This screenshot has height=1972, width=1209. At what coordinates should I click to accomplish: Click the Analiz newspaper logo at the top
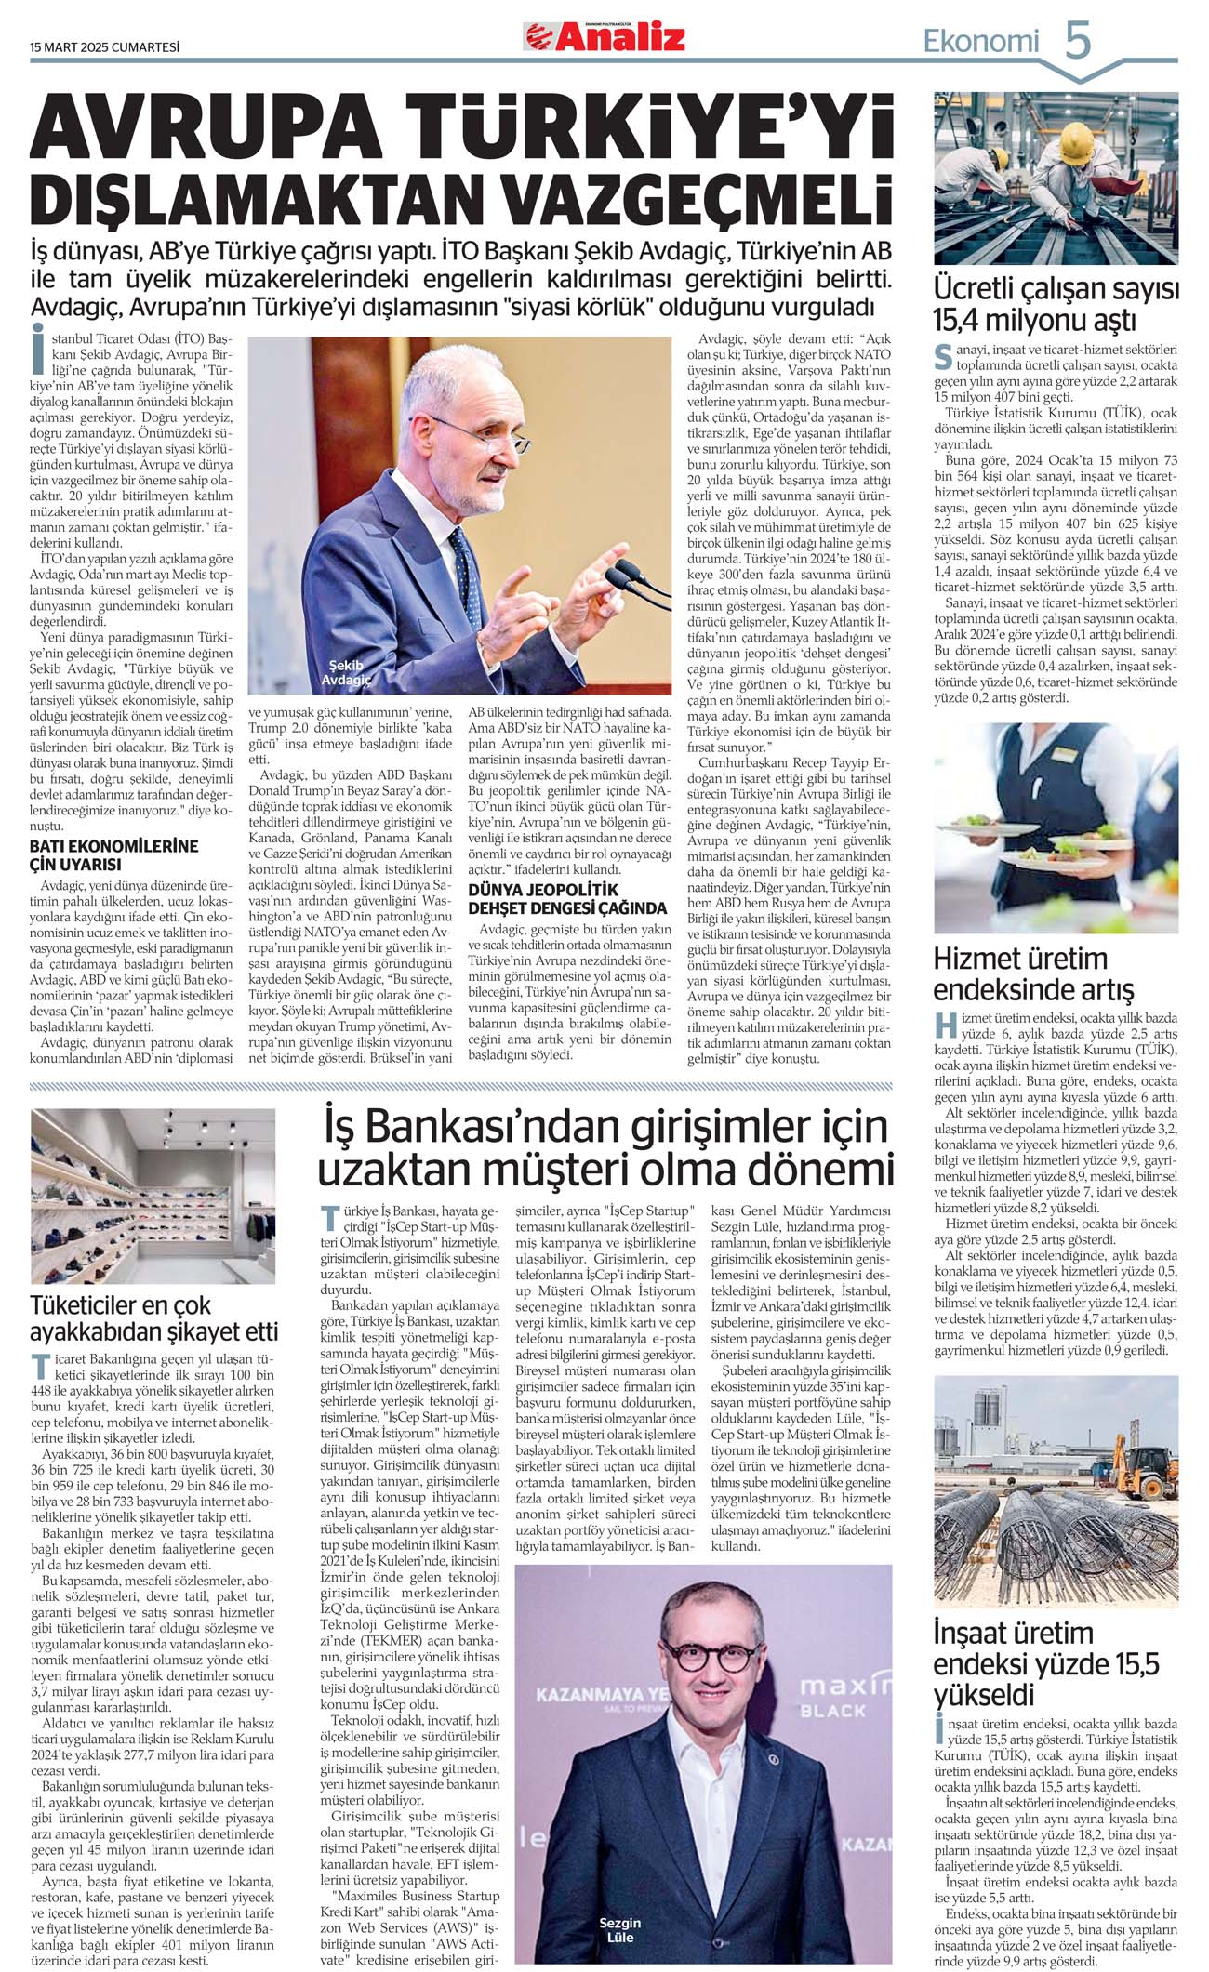click(605, 36)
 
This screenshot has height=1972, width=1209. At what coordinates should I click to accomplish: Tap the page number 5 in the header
click(1077, 41)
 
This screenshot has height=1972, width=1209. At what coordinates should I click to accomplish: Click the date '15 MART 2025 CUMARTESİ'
click(104, 46)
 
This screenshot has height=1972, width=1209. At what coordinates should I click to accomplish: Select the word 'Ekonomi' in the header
click(980, 41)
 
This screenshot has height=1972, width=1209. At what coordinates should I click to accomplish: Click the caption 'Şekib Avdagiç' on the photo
click(351, 672)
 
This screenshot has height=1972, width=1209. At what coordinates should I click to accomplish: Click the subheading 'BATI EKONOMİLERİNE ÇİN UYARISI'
click(113, 854)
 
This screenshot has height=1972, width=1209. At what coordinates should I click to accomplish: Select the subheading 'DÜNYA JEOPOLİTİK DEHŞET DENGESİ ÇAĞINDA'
click(567, 899)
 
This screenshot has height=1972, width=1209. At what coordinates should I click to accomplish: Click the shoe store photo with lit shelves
click(153, 1196)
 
